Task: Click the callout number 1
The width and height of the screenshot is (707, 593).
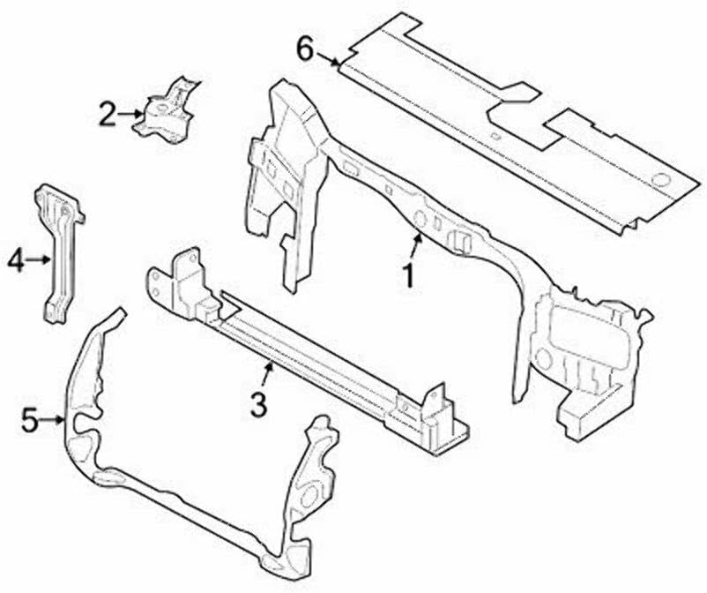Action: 408,276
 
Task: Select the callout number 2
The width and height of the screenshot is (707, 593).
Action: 107,114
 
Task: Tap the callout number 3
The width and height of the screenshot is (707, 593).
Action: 257,404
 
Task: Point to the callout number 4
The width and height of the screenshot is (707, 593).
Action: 15,259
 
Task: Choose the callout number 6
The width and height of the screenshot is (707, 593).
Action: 304,49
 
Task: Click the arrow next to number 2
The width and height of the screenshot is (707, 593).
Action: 131,113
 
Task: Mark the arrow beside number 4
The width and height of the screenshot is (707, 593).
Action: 40,259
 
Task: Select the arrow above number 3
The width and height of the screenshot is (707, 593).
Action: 268,374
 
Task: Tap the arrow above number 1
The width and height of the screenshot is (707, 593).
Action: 416,245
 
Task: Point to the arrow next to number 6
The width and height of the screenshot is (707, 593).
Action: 330,60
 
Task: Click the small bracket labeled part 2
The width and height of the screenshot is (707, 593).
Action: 167,111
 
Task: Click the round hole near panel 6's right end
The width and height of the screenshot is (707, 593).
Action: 658,182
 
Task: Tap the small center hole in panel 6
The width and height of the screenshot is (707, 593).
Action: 496,136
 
